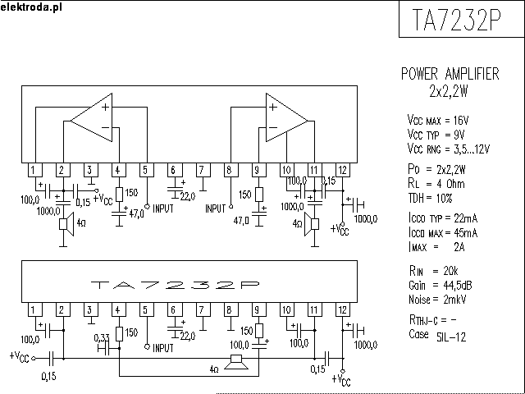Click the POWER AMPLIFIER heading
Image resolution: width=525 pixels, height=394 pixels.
[449, 74]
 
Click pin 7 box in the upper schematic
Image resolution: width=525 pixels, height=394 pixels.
[201, 170]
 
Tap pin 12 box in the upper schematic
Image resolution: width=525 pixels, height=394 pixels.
[342, 170]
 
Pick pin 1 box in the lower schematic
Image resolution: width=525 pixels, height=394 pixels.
[33, 309]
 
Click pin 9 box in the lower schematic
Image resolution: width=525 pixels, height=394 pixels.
[257, 309]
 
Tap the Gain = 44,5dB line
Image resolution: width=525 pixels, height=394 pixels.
[439, 285]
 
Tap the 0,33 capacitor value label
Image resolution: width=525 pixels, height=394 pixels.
[103, 337]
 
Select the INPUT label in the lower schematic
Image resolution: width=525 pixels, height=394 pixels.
[164, 347]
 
